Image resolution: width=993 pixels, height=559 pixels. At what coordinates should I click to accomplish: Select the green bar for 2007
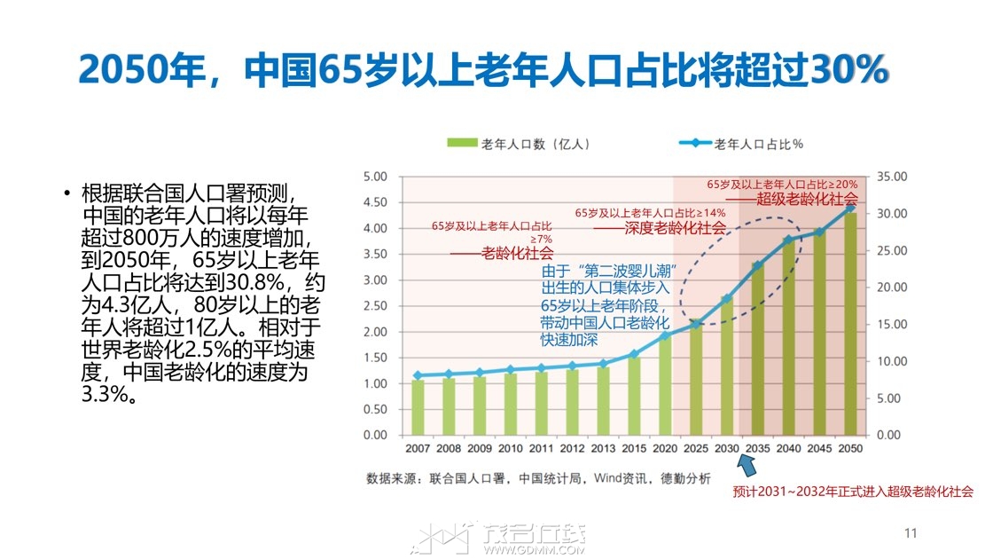coord(418,407)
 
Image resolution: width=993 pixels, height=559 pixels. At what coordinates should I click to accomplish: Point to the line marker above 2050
coord(849,208)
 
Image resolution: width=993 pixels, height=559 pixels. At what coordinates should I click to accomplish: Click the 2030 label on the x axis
coord(726,449)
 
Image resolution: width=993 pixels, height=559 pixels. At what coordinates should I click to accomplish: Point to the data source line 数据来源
coord(538,478)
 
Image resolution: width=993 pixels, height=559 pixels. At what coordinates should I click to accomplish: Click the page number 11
coord(909,533)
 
